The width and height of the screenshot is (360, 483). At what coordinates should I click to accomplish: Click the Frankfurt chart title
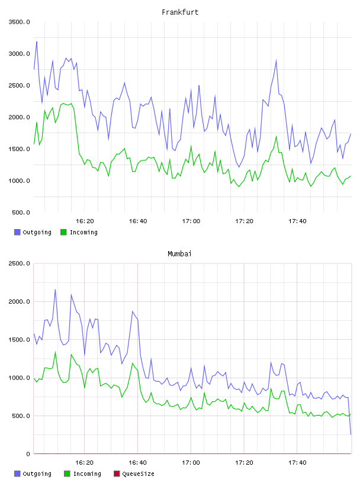pyautogui.click(x=180, y=12)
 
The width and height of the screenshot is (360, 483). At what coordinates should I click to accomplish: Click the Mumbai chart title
pyautogui.click(x=179, y=254)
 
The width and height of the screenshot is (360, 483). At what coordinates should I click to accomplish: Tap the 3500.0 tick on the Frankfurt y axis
pyautogui.click(x=20, y=22)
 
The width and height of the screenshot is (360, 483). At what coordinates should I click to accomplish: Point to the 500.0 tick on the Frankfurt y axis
pyautogui.click(x=21, y=212)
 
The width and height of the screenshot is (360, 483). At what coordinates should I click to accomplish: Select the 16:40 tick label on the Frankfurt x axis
pyautogui.click(x=138, y=221)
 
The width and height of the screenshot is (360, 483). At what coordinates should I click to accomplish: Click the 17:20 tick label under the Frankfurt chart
pyautogui.click(x=244, y=221)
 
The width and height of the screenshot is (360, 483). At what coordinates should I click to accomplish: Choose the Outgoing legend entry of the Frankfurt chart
pyautogui.click(x=33, y=232)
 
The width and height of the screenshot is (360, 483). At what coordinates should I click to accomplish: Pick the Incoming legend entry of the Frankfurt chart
pyautogui.click(x=79, y=232)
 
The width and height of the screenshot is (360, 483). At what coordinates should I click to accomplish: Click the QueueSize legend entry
pyautogui.click(x=134, y=474)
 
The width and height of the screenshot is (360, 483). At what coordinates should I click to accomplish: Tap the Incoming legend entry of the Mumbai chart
pyautogui.click(x=82, y=474)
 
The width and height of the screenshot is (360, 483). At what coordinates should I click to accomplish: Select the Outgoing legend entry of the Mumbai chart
pyautogui.click(x=33, y=474)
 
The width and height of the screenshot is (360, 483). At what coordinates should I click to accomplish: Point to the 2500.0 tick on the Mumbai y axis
pyautogui.click(x=20, y=263)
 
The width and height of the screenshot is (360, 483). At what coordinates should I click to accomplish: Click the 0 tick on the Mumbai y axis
pyautogui.click(x=28, y=454)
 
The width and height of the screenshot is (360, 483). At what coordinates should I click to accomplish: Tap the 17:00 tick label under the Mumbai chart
pyautogui.click(x=191, y=462)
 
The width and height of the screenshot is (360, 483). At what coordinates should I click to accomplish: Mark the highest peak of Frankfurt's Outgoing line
pyautogui.click(x=37, y=41)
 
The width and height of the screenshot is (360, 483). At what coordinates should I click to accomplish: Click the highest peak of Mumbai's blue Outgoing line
pyautogui.click(x=55, y=289)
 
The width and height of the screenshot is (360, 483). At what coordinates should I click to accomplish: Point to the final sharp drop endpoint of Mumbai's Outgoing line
pyautogui.click(x=351, y=434)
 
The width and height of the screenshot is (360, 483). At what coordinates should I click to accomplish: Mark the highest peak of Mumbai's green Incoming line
pyautogui.click(x=55, y=352)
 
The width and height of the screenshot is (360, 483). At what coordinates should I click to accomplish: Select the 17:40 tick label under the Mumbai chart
pyautogui.click(x=297, y=462)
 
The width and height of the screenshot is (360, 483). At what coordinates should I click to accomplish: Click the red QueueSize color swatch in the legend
pyautogui.click(x=117, y=474)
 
